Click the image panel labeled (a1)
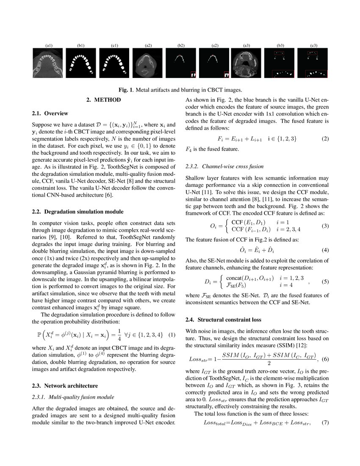tap(48, 63)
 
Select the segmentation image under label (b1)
tap(81, 63)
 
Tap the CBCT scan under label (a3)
tap(246, 63)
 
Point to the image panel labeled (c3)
tap(313, 63)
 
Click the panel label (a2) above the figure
tap(148, 45)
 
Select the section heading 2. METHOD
tap(103, 100)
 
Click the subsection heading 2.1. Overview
tap(50, 114)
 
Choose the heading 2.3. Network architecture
tap(65, 386)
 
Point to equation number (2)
tap(325, 139)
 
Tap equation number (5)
tap(325, 280)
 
